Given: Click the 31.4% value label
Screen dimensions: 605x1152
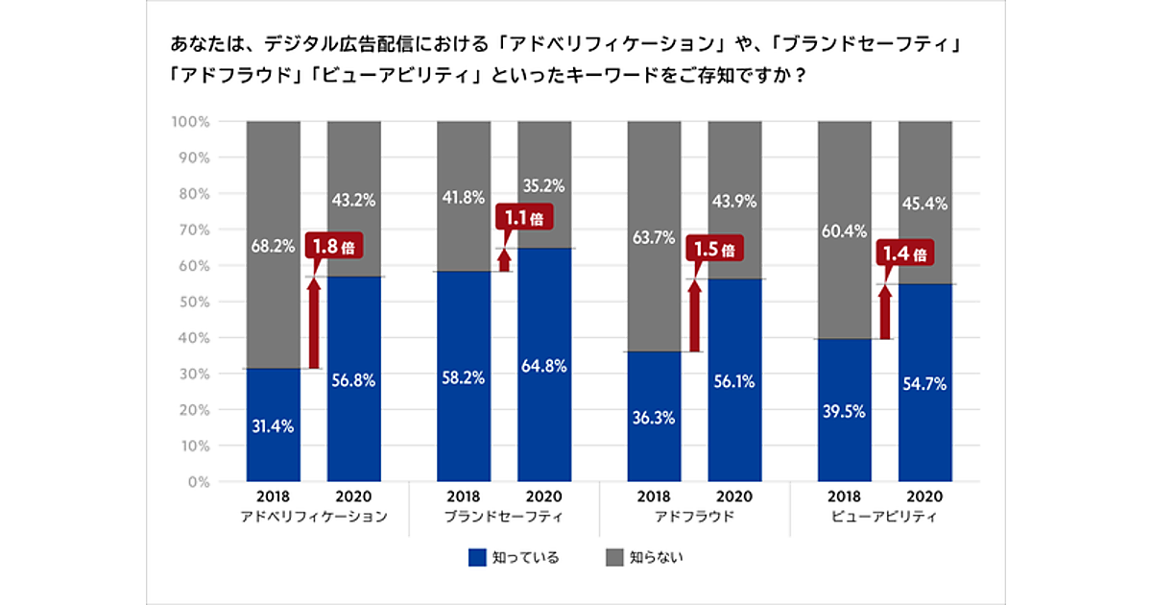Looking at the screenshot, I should point(274,425).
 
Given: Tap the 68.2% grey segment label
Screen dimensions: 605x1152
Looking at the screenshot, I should point(274,246).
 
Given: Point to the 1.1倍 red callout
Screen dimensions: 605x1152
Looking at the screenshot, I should point(524,218).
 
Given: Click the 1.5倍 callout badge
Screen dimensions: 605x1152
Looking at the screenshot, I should point(716,250).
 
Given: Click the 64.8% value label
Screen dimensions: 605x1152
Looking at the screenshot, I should point(544,366).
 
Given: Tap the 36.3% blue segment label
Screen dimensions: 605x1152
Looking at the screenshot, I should point(655,418).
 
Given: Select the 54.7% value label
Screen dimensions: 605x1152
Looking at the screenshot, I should point(924,384).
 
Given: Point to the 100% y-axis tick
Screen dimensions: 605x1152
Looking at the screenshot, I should point(191,122).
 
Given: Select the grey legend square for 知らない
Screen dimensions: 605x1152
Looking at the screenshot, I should point(615,558).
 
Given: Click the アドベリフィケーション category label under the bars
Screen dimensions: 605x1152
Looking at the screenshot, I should point(314,517).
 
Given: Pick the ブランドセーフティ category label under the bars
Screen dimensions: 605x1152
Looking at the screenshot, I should point(504,517).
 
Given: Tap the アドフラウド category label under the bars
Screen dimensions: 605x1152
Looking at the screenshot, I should point(694,517).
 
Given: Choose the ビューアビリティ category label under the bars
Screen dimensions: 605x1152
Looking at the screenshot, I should point(884,517).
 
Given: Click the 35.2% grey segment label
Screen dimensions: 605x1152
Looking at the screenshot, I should point(544,186).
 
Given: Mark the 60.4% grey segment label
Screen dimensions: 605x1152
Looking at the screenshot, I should point(845,231).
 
